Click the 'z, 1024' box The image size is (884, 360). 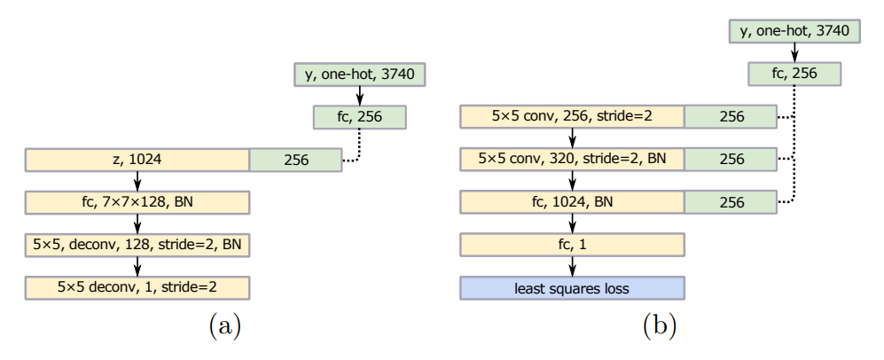tap(137, 160)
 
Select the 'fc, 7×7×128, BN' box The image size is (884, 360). tap(137, 203)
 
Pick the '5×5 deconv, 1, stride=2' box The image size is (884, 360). tap(137, 288)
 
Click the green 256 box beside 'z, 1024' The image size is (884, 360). tap(295, 160)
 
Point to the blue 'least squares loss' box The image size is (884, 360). tap(573, 288)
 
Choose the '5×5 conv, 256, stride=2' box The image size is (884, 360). tap(573, 117)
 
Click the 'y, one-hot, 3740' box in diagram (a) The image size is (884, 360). tap(359, 74)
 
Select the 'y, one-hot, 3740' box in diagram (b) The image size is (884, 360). tap(794, 32)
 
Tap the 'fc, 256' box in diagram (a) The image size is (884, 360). tap(359, 117)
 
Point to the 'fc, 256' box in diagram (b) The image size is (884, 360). tap(794, 74)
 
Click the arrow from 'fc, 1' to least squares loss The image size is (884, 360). tap(573, 267)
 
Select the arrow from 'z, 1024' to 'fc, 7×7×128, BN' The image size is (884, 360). tap(137, 182)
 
